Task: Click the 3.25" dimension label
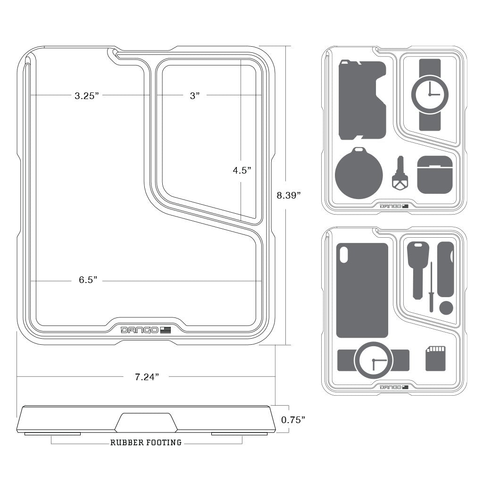(87, 96)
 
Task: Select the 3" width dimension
(195, 96)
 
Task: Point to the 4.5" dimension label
(241, 171)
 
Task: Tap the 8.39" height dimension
(289, 195)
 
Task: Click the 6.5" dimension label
(88, 280)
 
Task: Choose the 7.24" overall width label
(147, 376)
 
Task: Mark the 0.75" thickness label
(293, 420)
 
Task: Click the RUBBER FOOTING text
(146, 442)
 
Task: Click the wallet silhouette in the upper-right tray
(360, 100)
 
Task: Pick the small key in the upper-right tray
(400, 174)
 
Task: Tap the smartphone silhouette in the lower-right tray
(362, 290)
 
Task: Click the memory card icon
(435, 358)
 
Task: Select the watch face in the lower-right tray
(373, 360)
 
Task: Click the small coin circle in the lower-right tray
(446, 308)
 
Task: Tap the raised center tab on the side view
(146, 422)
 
